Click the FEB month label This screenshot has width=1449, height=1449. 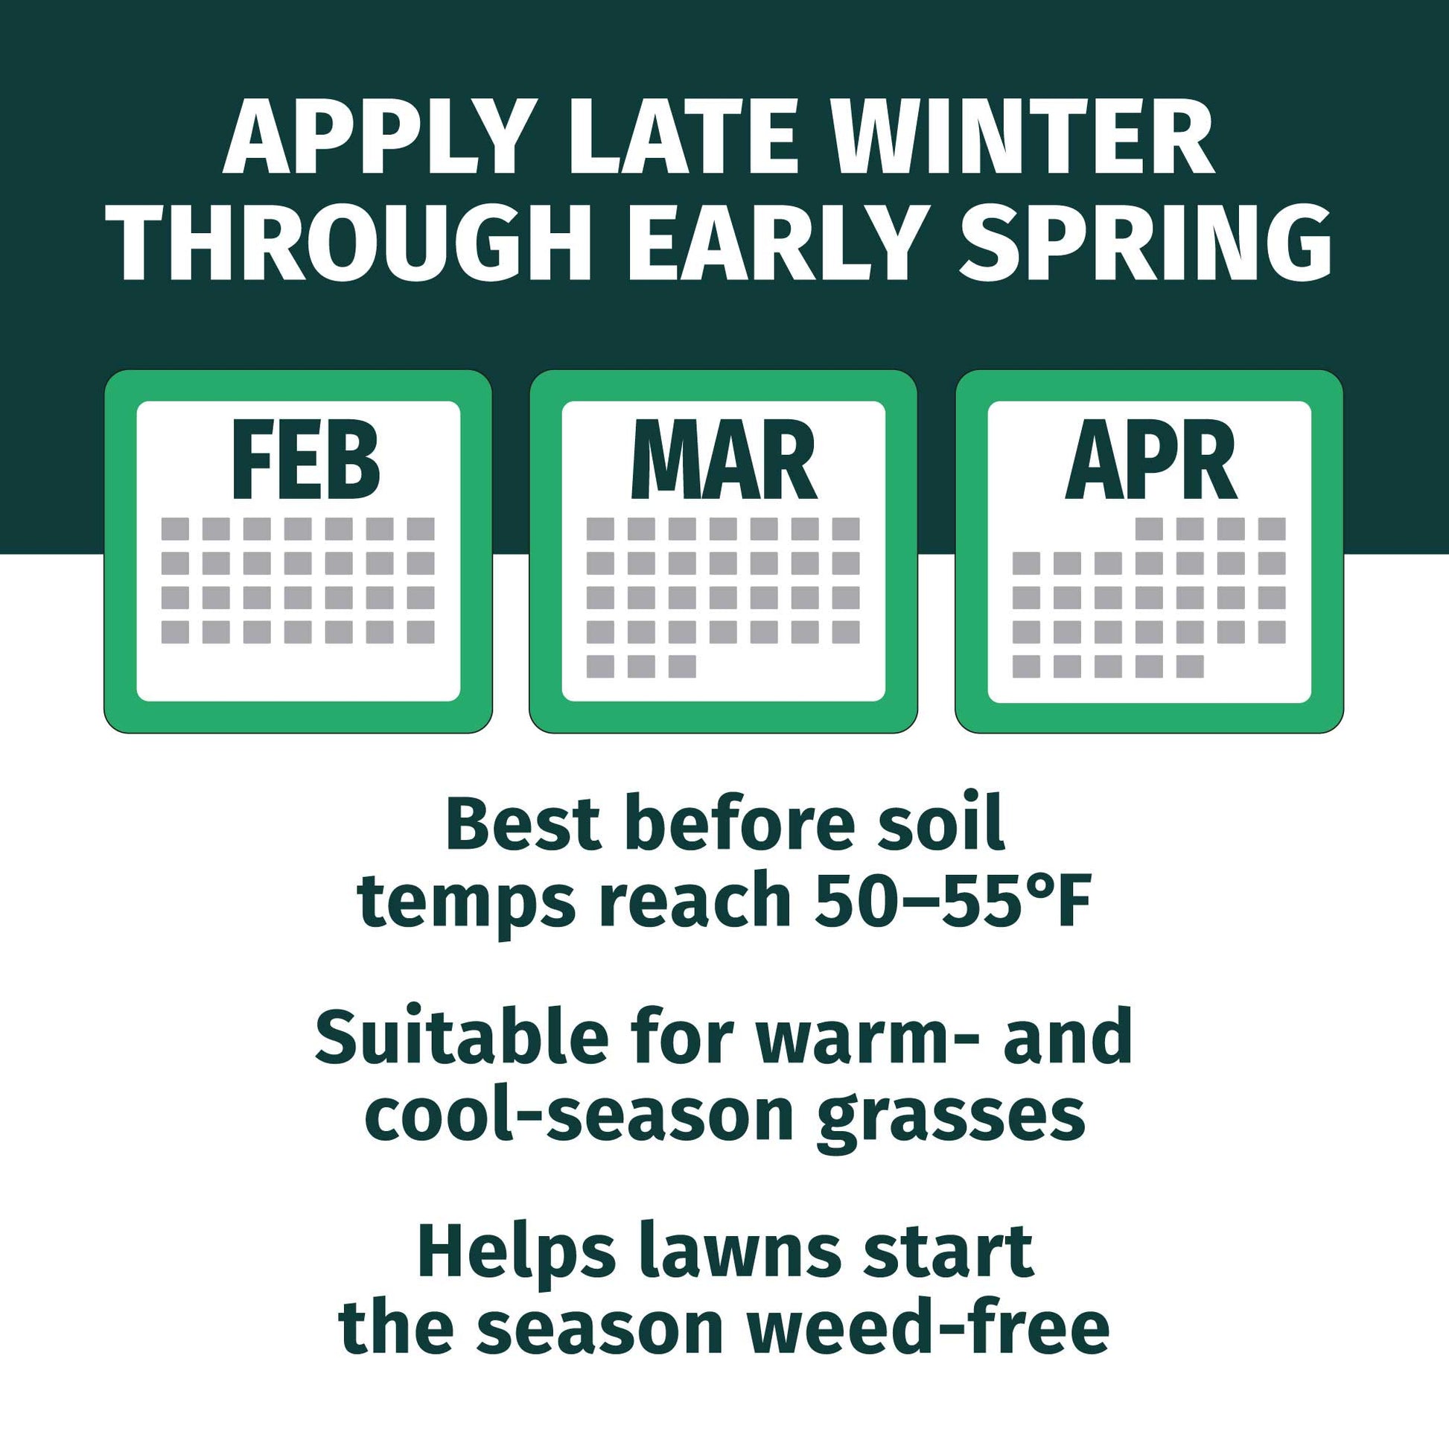[306, 461]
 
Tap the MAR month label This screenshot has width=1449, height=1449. [724, 461]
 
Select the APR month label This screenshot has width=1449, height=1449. [1150, 461]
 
